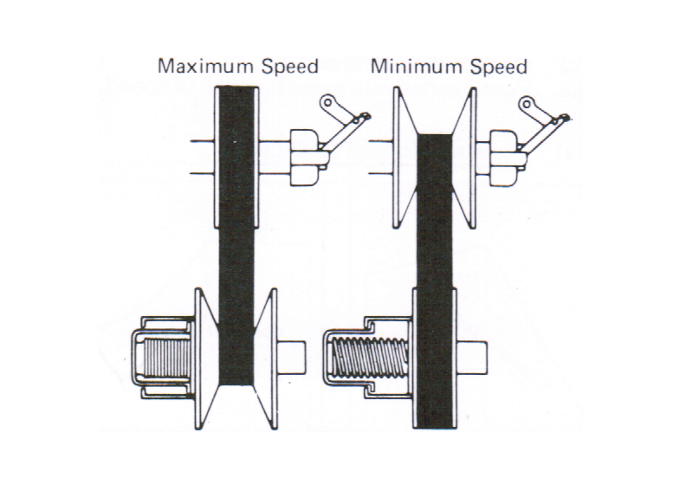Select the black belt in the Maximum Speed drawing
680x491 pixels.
tap(236, 234)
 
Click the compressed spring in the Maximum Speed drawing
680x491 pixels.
tap(165, 355)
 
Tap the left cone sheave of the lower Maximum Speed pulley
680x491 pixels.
tap(206, 355)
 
